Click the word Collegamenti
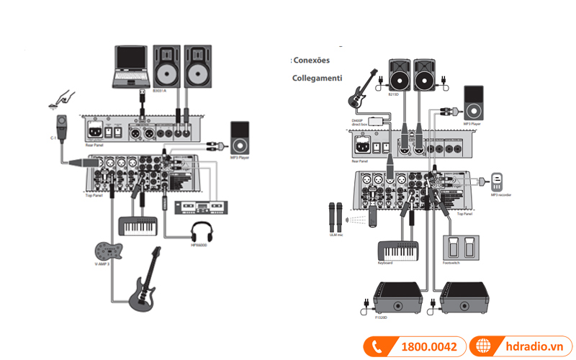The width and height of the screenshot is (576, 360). (x=317, y=77)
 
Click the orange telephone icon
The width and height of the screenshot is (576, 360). (x=377, y=347)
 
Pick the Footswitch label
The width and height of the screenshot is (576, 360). (x=451, y=263)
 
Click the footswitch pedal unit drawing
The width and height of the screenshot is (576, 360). (x=461, y=246)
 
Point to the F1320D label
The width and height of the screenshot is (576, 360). (x=380, y=317)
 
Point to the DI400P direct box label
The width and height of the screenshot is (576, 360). (x=361, y=122)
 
